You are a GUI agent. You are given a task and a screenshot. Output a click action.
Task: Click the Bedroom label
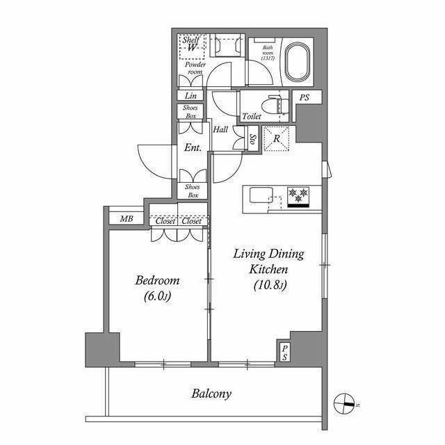(157, 281)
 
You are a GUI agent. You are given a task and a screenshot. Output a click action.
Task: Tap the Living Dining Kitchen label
(268, 261)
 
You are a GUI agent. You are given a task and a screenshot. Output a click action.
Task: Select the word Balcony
(211, 394)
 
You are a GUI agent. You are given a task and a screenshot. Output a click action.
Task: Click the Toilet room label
(252, 117)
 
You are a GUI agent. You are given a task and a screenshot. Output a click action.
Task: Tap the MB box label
(126, 219)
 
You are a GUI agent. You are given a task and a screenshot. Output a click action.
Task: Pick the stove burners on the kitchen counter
(298, 195)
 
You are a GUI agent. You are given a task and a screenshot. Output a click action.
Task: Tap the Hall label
(221, 130)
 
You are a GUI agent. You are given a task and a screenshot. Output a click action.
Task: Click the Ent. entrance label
(193, 147)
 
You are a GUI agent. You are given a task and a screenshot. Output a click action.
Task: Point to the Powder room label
(195, 68)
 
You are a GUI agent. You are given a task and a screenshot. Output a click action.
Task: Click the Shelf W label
(191, 44)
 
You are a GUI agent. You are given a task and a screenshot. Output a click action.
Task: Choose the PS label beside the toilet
(304, 98)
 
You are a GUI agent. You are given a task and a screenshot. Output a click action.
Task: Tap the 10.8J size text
(268, 285)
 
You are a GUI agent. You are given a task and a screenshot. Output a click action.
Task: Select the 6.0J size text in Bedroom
(157, 297)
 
